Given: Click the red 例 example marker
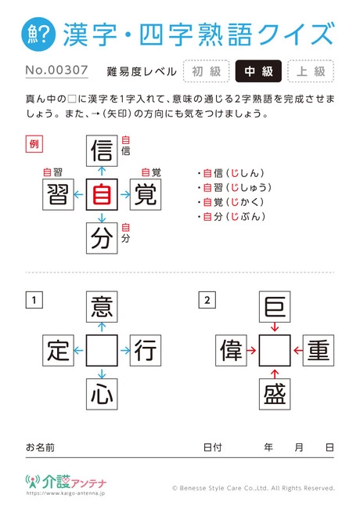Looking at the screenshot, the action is pos(34,144).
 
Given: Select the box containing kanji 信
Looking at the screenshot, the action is pos(102,151).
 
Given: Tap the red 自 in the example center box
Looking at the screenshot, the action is pos(102,194).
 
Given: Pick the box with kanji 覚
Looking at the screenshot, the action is pos(146,194).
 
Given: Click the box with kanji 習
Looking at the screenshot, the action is pos(59,194).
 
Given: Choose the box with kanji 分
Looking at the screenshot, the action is pos(102,238).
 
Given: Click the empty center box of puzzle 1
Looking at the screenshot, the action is pos(102,351).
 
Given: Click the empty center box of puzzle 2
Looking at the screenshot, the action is pos(275,351).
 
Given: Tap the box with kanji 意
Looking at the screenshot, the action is pos(102,307).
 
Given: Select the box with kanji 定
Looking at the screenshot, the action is pos(59,351).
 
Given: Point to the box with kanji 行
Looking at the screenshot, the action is pos(146,351).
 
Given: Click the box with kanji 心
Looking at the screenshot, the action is pos(102,394).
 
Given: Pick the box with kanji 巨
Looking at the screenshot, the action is pos(275,307).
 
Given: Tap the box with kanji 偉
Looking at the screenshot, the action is pos(231,351).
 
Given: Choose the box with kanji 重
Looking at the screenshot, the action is pos(319,351).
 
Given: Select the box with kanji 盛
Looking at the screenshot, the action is pos(275,394).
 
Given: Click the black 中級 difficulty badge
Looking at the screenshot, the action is pos(258,71).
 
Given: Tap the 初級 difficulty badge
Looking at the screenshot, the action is pos(207,71).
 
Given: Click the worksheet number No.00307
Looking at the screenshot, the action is pos(57,70).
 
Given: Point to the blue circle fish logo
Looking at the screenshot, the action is pos(38,34).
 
